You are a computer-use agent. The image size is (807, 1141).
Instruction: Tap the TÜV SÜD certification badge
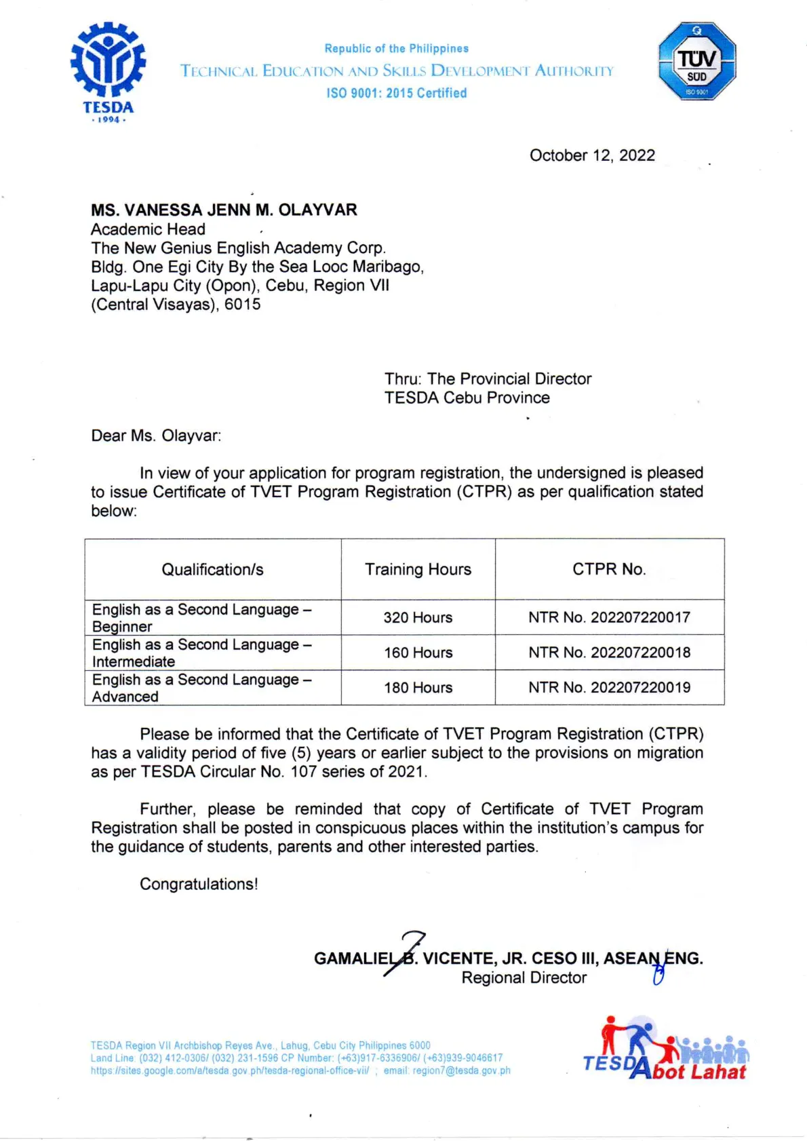click(x=696, y=62)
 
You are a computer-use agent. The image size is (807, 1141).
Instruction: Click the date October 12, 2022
click(x=592, y=155)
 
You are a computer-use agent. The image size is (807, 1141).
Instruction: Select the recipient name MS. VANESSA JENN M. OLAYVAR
click(x=224, y=210)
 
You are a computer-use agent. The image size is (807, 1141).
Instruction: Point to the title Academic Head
click(x=148, y=229)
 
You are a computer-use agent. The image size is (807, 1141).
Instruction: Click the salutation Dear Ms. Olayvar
click(x=156, y=436)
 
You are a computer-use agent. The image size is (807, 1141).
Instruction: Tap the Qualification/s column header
click(x=212, y=569)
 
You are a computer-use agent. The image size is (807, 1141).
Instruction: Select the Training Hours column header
click(x=418, y=569)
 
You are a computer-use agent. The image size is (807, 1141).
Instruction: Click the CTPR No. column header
click(x=609, y=569)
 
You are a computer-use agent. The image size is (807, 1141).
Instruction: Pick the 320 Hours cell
click(x=418, y=617)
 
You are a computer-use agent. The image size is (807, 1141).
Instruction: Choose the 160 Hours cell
click(x=418, y=653)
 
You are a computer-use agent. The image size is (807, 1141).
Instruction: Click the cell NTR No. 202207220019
click(x=609, y=687)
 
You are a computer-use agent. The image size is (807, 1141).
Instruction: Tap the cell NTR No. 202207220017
click(x=609, y=617)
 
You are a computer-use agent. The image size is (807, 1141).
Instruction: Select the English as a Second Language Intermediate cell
click(x=201, y=653)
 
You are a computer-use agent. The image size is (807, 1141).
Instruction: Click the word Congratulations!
click(x=199, y=884)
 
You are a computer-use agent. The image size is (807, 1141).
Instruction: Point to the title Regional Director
click(x=524, y=978)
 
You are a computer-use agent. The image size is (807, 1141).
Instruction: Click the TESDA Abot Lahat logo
click(x=665, y=1049)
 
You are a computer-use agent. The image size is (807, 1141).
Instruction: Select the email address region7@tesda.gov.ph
click(x=461, y=1070)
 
